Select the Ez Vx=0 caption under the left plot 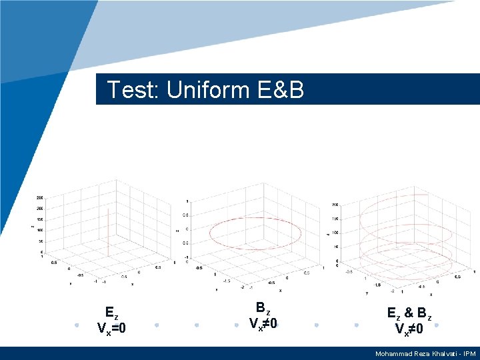tap(111, 320)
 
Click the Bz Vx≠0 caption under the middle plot tap(263, 316)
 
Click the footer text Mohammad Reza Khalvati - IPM tap(425, 353)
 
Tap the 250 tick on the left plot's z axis tap(39, 198)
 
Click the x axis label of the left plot tap(131, 284)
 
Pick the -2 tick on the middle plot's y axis tap(242, 287)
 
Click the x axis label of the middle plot tap(280, 290)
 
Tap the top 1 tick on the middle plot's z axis tap(187, 201)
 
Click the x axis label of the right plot tap(431, 294)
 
